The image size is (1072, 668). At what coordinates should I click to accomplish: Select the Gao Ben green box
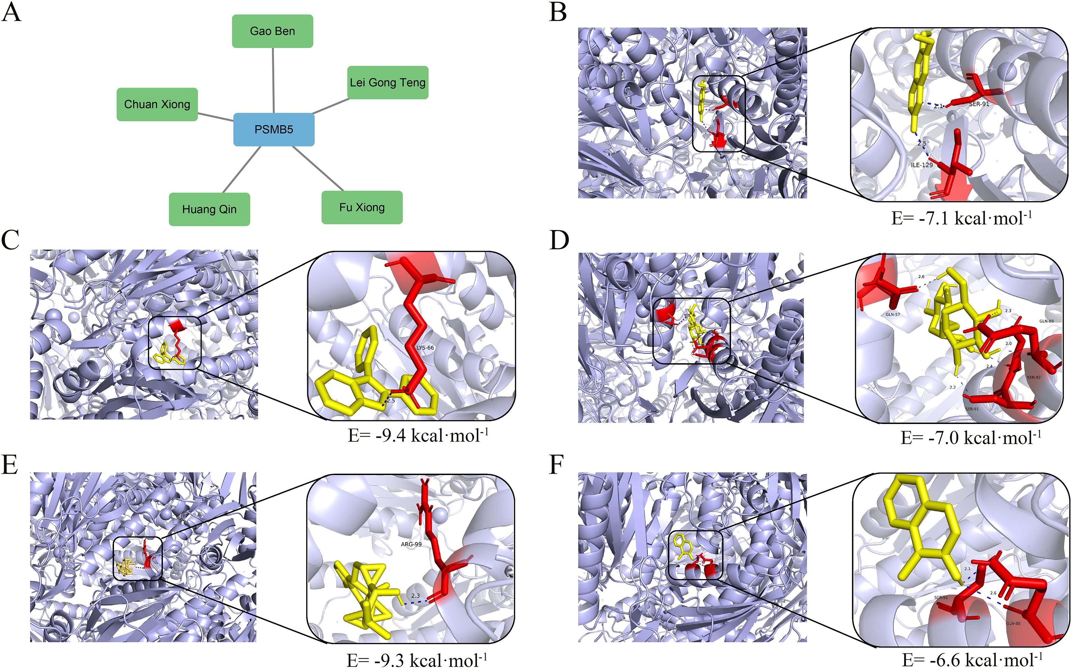273,31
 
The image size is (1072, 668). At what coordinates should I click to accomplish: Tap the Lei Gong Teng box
387,83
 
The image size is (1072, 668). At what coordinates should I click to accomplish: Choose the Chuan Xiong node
157,104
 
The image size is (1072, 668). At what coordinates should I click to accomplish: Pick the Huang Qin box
209,209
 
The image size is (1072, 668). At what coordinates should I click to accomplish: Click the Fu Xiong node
362,207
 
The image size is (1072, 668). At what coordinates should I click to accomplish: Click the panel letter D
559,241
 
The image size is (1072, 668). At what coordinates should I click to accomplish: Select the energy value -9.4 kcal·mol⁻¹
418,436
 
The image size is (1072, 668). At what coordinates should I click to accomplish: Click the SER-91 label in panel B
979,104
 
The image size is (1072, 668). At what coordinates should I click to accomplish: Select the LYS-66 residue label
425,348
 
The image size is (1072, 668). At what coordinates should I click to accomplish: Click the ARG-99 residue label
411,544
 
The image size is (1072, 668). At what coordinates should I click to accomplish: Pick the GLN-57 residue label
893,314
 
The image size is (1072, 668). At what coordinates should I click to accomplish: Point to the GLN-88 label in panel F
1013,623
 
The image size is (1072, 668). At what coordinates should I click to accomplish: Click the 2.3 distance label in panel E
415,596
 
